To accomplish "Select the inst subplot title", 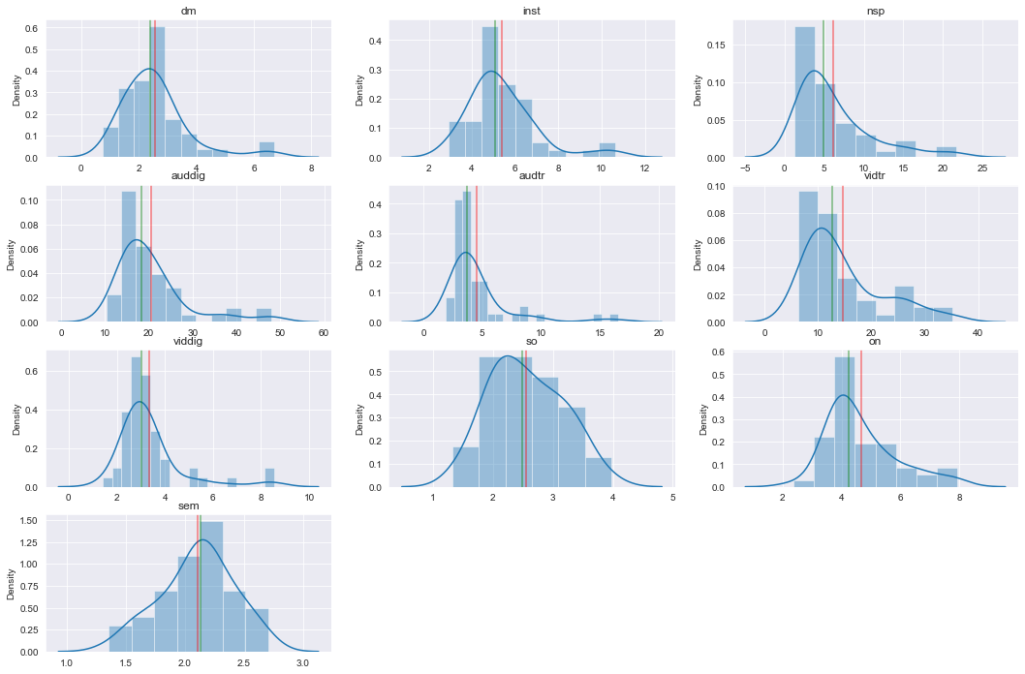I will click(531, 11).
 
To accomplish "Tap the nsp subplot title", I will click(875, 11).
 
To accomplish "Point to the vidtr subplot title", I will click(875, 176).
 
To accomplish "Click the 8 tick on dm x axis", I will click(312, 168).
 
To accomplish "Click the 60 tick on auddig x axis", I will click(323, 333).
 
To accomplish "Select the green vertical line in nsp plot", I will click(823, 87).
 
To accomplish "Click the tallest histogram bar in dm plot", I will click(157, 92).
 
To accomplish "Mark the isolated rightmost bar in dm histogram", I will click(266, 150).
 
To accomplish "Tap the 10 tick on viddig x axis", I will click(309, 498).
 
